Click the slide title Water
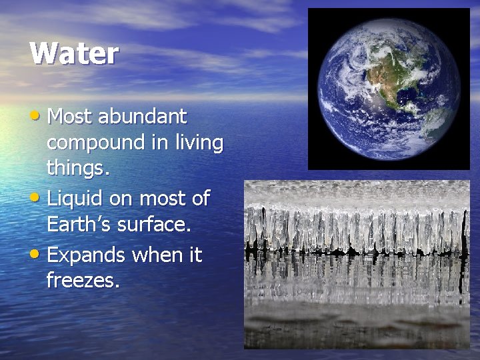73,53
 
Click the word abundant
142,117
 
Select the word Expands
87,255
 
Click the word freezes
83,281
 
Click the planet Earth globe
389,89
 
